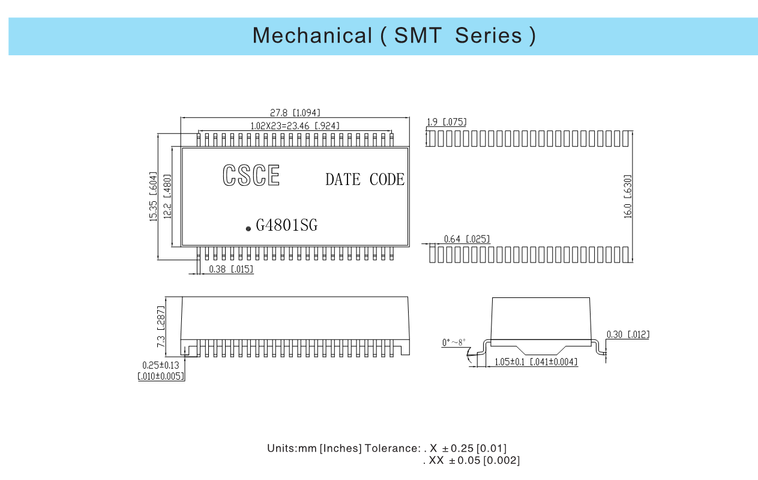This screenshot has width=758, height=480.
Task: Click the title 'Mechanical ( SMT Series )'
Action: click(394, 35)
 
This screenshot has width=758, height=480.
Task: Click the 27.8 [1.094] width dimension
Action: click(295, 112)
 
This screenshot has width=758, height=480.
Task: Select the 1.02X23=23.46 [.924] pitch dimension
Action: click(295, 126)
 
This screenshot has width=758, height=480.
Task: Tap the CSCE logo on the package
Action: click(251, 175)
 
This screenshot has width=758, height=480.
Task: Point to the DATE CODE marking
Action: click(365, 179)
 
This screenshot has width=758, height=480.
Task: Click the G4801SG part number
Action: click(287, 225)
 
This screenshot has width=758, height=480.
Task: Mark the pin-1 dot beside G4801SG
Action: click(248, 229)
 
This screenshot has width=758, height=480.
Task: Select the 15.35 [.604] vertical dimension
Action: click(153, 196)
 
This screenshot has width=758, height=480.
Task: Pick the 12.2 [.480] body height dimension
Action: click(167, 196)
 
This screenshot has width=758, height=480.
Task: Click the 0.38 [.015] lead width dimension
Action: click(231, 269)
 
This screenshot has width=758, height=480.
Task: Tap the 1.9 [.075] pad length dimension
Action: click(447, 122)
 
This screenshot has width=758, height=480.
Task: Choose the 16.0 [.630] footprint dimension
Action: click(628, 196)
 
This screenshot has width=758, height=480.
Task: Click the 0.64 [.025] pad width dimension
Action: click(467, 239)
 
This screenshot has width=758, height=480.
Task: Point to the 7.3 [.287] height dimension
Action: click(161, 327)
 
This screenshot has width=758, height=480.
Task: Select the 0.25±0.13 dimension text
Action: click(161, 365)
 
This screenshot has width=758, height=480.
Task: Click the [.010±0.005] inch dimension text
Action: click(161, 376)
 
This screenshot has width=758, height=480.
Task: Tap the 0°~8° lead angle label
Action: click(454, 342)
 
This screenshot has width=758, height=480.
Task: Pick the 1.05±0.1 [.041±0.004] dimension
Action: click(536, 362)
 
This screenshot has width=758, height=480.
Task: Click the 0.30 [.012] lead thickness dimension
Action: click(628, 335)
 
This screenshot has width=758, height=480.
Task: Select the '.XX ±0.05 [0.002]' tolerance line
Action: click(471, 460)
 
